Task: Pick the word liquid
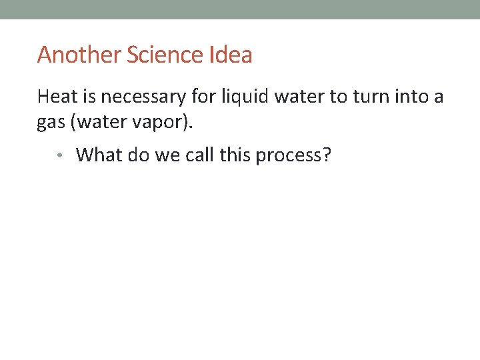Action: [x=245, y=97]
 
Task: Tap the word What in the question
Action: [x=99, y=155]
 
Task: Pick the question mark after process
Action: [x=327, y=155]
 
